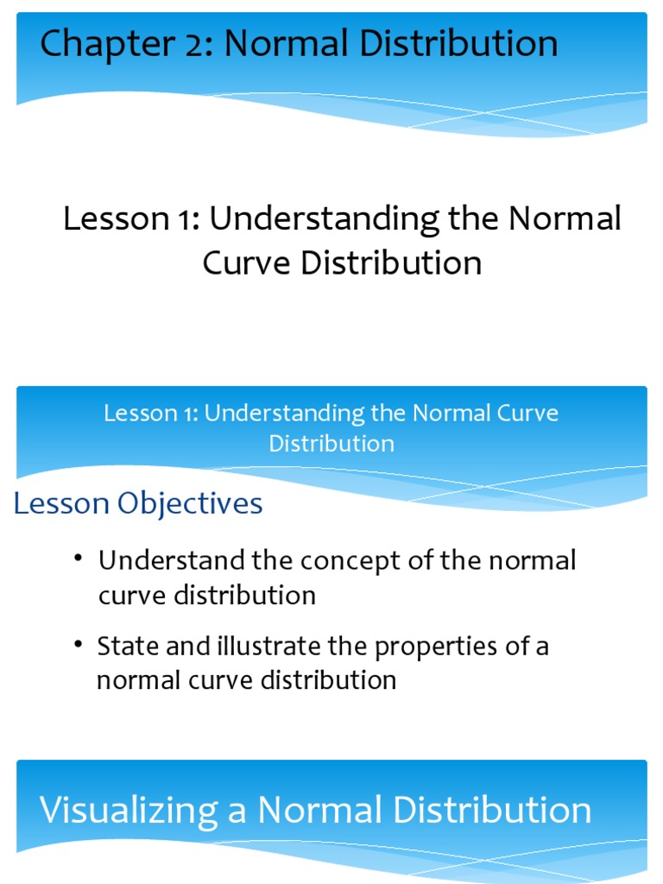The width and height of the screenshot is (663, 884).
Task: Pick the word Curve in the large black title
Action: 247,263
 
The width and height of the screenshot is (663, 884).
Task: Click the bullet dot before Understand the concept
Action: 79,560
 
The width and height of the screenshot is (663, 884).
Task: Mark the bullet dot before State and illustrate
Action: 79,646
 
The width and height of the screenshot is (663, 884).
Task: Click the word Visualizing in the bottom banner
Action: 129,811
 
